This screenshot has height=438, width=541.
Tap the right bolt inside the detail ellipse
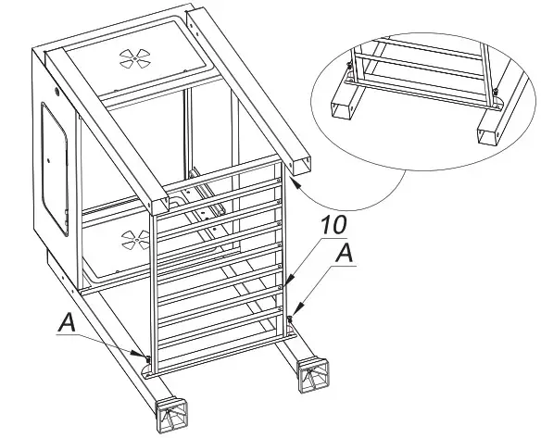[x=497, y=91]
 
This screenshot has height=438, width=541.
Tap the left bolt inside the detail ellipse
[x=346, y=67]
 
